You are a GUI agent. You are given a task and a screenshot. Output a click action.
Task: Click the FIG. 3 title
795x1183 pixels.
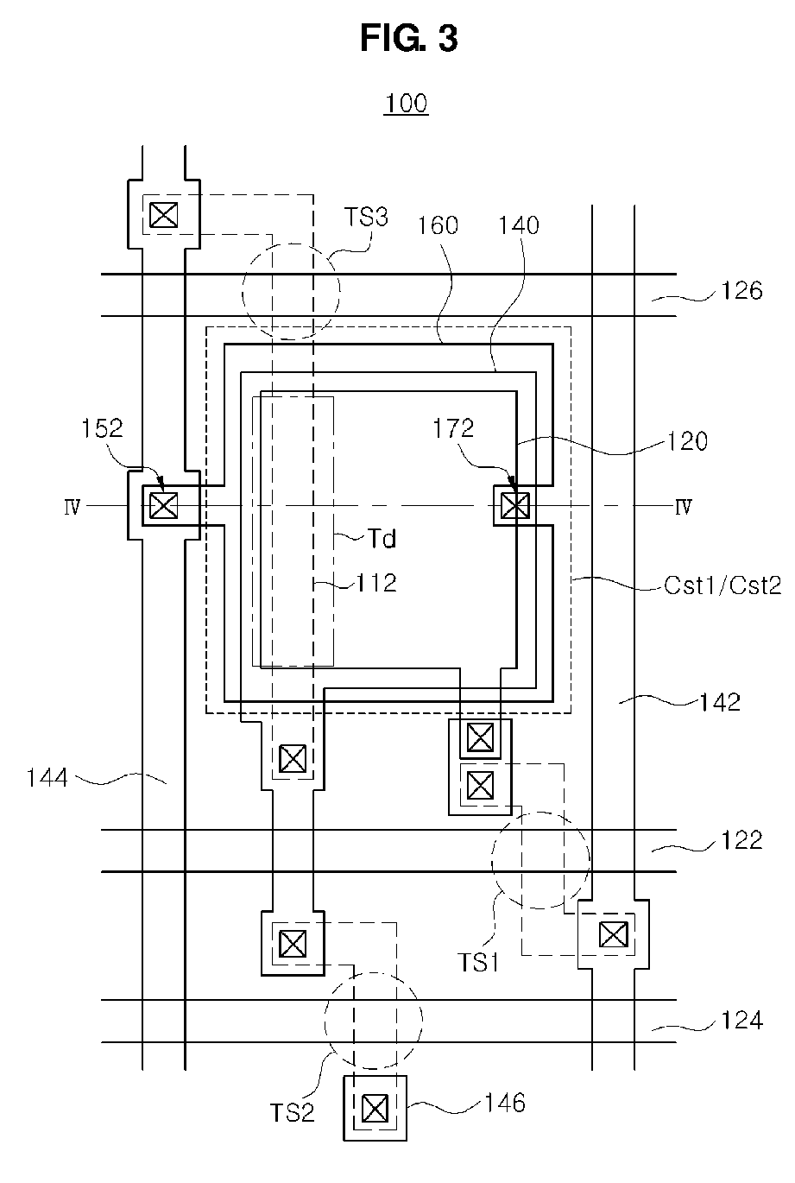[x=408, y=39]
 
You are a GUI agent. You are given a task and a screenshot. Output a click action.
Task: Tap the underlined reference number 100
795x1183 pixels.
[x=406, y=103]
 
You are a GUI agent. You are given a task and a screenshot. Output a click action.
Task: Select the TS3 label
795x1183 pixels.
[x=366, y=217]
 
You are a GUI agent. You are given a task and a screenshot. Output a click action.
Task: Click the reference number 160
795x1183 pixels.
[x=438, y=225]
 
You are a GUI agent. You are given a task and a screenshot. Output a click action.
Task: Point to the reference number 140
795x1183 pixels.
[x=519, y=225]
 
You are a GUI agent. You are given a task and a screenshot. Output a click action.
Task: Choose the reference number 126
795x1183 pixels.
[x=741, y=291]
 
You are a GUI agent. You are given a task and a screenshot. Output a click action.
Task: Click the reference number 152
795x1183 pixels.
[x=102, y=428]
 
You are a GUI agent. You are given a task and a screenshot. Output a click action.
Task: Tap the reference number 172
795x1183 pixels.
[x=453, y=428]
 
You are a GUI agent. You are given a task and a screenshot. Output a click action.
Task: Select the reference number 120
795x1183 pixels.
[x=687, y=441]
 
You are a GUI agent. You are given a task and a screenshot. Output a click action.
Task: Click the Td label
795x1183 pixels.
[x=382, y=539]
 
